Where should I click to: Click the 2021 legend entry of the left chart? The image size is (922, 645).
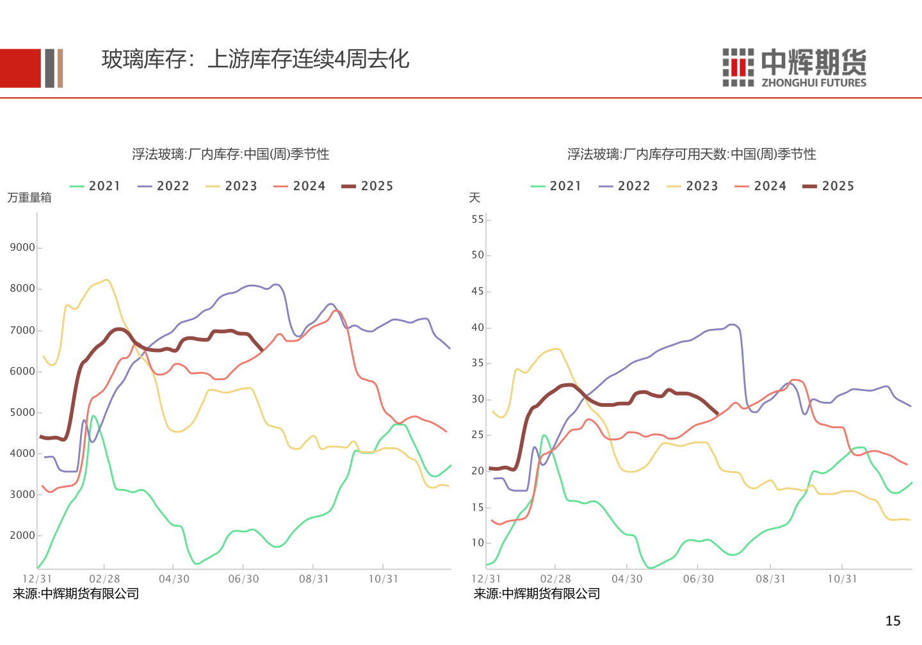click(95, 186)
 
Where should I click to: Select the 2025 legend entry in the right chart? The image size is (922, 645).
click(829, 186)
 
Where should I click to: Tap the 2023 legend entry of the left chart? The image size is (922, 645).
click(232, 186)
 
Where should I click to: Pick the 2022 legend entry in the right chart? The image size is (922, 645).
click(625, 186)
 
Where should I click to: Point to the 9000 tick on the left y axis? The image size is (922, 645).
click(22, 248)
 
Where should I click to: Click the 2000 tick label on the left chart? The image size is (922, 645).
click(22, 536)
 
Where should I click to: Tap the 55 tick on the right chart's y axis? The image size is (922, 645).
click(478, 219)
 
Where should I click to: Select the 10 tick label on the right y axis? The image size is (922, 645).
click(478, 543)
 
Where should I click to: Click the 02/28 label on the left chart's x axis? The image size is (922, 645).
click(104, 579)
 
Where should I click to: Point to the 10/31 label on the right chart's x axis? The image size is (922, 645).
click(842, 579)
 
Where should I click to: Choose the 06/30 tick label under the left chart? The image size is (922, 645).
click(244, 579)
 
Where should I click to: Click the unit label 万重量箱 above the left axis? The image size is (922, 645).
click(29, 198)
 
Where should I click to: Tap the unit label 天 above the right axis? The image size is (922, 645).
click(474, 198)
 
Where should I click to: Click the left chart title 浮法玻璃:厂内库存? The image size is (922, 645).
click(230, 154)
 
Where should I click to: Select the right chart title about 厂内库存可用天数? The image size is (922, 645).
click(691, 154)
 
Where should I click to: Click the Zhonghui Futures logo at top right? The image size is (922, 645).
click(794, 67)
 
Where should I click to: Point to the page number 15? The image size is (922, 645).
click(893, 621)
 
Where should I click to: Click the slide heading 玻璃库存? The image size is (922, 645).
click(255, 60)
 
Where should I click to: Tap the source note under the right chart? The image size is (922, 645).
click(537, 594)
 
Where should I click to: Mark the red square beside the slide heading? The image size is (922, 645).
click(20, 68)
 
